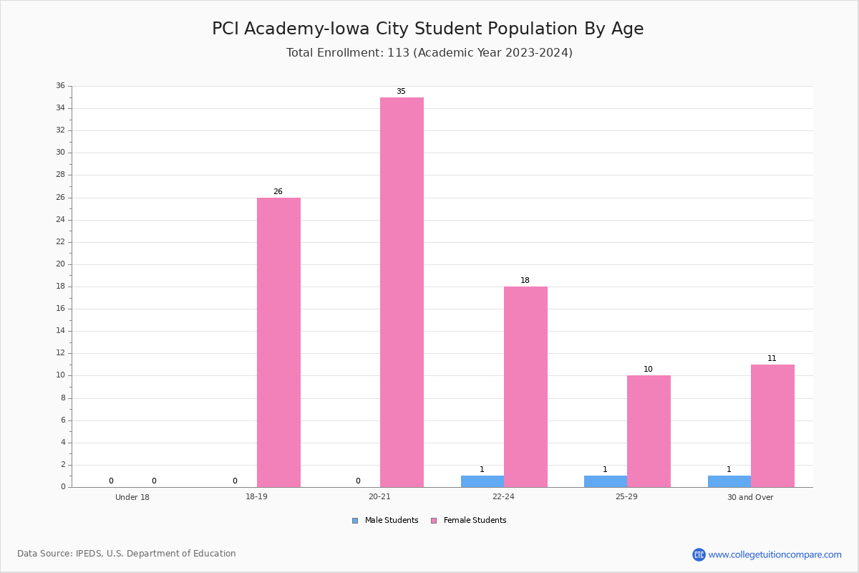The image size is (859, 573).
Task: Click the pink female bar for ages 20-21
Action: point(402,292)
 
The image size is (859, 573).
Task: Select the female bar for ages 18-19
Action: point(278,342)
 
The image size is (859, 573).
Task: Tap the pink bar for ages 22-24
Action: point(525,387)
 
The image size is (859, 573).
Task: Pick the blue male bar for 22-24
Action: point(482,481)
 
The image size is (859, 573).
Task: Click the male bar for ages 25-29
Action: point(606,481)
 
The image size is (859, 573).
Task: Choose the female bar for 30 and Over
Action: point(772,426)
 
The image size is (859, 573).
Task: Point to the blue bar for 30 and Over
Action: point(729,481)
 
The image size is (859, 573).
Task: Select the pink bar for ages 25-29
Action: point(649,431)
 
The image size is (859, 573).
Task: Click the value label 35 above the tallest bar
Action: point(401,92)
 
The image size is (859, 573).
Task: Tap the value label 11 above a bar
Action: point(772,358)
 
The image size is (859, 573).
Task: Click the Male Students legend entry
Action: point(385,521)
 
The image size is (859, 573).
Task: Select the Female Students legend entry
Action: point(469,521)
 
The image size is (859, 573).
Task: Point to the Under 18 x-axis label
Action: point(132,497)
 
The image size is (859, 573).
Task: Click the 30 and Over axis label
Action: point(750,497)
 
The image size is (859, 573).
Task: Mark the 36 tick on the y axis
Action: point(61,85)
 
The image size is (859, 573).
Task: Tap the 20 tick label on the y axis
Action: point(61,264)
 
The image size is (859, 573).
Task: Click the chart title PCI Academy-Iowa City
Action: point(427,29)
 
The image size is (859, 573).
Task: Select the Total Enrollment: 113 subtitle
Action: point(429,52)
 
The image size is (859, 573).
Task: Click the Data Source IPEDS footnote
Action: point(127,554)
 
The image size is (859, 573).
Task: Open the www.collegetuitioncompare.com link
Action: point(775,554)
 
